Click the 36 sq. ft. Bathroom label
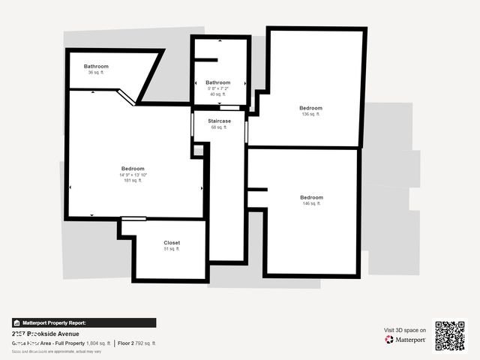pos(96,67)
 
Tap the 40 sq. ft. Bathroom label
pos(218,82)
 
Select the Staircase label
pos(220,121)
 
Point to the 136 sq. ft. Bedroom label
pos(310,108)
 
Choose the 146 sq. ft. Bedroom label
pos(311,197)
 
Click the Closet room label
pos(172,243)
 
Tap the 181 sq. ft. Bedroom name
pos(133,169)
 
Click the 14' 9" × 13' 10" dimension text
pos(133,175)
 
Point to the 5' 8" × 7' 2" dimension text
pos(218,88)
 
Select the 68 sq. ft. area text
pos(219,127)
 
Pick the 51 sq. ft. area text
pos(172,249)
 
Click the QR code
pos(450,336)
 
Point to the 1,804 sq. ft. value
pos(98,343)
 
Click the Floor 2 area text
pos(137,343)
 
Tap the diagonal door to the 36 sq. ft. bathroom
pos(125,96)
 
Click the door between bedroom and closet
pos(133,218)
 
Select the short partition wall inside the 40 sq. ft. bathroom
pos(205,59)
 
